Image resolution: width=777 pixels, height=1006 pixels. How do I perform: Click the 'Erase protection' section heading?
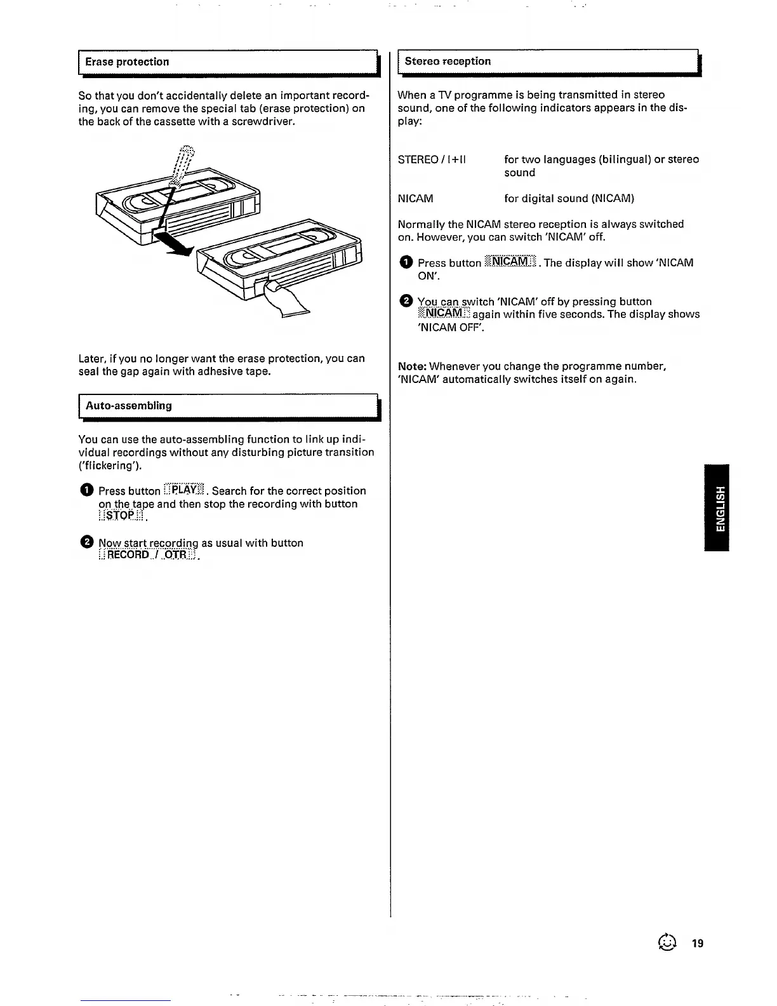pos(127,62)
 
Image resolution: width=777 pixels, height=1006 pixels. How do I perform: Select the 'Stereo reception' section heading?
pos(448,61)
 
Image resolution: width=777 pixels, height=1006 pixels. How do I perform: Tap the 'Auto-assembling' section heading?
pos(129,405)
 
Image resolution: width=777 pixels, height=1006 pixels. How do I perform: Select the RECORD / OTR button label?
pos(148,555)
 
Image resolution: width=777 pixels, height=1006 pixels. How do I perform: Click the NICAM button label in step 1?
pos(510,262)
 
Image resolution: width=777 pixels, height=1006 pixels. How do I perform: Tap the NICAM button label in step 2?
pos(444,314)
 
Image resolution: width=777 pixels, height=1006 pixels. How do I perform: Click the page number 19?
pos(698,944)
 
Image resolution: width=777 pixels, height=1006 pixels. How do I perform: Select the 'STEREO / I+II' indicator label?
pos(432,159)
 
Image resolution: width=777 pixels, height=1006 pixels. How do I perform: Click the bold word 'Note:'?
pos(412,366)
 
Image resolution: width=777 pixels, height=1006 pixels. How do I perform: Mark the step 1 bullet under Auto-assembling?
pos(86,490)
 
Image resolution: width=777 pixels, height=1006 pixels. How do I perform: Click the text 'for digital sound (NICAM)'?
pos(569,198)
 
